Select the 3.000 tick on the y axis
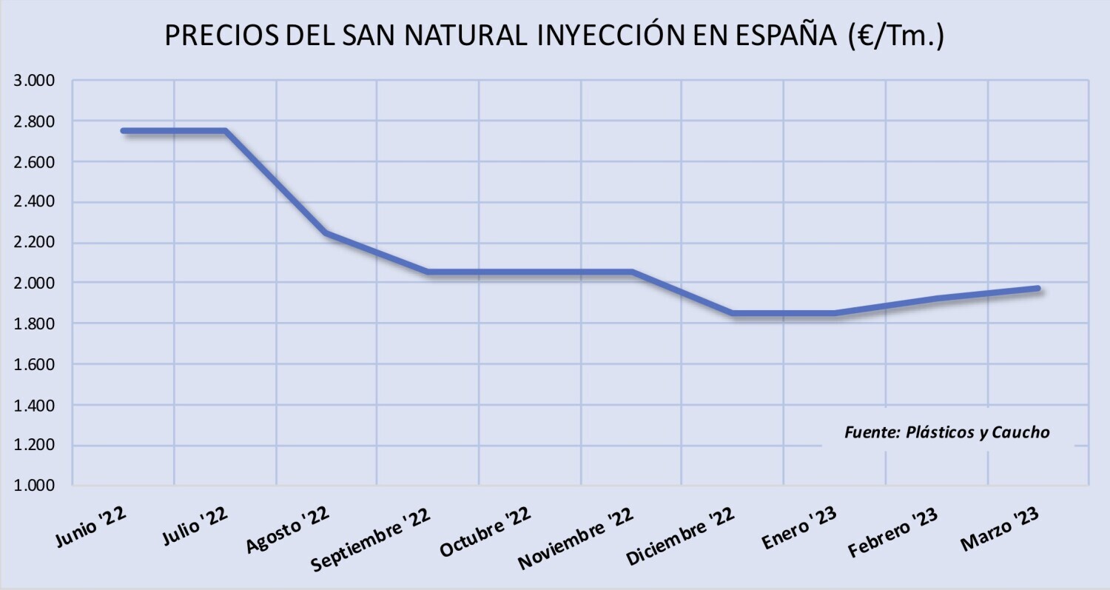36,80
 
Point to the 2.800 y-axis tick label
36,121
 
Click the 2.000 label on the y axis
36,283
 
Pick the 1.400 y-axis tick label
36,405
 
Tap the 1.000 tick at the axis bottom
36,486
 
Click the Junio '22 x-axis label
90,526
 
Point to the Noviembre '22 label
576,540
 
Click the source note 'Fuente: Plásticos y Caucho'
946,432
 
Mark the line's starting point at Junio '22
124,131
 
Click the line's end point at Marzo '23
1038,289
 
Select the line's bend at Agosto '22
326,233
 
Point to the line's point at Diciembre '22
733,313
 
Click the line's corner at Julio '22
225,131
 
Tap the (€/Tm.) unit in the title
897,36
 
